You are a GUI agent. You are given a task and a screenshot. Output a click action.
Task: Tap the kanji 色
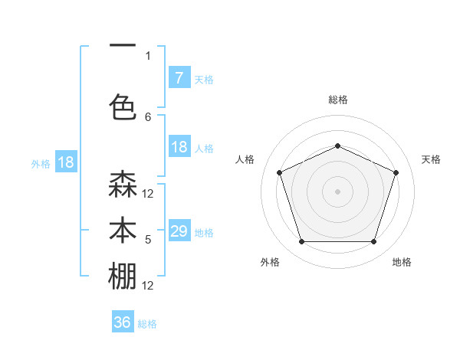[123, 106]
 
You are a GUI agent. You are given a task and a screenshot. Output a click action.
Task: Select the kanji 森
[123, 185]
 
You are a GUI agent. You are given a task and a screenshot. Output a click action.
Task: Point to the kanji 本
[123, 231]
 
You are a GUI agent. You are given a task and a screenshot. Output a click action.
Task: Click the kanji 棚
[123, 277]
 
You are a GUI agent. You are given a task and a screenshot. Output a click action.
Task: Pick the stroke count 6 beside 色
[148, 116]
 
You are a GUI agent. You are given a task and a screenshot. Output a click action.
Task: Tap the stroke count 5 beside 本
[148, 240]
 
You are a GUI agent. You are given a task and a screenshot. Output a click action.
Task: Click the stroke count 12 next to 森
[148, 194]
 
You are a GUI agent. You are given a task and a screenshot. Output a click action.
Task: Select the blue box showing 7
[179, 77]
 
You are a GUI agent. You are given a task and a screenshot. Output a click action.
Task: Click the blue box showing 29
[179, 231]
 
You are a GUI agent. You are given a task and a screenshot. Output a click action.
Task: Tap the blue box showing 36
[123, 322]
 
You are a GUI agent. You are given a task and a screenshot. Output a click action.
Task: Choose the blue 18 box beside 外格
[65, 162]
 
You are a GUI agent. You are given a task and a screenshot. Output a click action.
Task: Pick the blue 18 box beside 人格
[179, 147]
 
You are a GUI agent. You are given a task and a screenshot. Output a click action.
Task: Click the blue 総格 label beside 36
[147, 324]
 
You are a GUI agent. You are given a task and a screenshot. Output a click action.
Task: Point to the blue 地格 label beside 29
[204, 232]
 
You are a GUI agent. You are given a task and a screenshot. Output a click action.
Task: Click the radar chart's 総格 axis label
[338, 100]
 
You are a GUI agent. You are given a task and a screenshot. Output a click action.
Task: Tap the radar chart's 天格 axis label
[431, 159]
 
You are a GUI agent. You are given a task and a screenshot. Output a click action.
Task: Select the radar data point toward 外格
[301, 242]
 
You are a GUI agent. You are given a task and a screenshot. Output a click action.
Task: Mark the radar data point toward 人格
[279, 172]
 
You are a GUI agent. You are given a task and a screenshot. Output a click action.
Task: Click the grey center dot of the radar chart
[338, 191]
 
